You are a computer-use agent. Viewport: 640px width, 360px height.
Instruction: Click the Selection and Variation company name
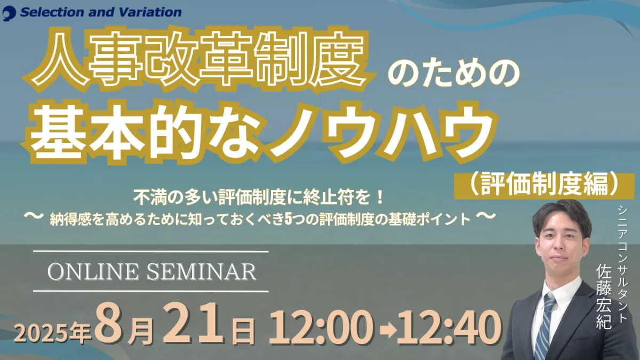(x=101, y=12)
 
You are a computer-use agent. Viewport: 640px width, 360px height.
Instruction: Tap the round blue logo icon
(x=9, y=13)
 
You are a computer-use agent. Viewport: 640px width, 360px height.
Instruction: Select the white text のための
(x=454, y=74)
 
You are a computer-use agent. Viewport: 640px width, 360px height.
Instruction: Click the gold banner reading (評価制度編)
(x=540, y=186)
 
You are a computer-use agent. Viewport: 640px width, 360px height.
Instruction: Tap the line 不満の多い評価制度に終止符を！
(x=259, y=198)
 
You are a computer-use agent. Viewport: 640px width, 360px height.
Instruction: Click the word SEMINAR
(x=202, y=271)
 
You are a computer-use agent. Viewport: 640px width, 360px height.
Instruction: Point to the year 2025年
(x=53, y=333)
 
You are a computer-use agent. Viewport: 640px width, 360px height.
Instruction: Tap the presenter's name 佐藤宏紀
(x=604, y=297)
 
